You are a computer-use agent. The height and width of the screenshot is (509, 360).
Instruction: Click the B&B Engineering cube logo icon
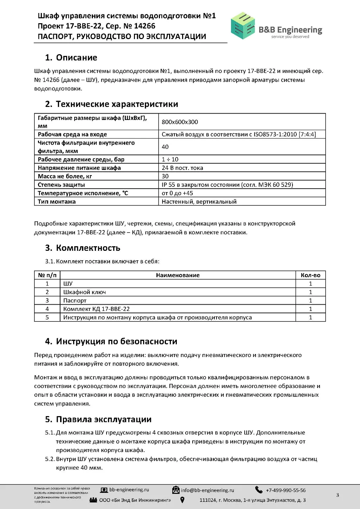[x=243, y=25]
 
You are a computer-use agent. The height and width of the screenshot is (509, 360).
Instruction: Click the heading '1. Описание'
[x=71, y=57]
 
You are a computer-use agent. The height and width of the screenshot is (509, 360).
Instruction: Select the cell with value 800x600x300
[x=180, y=122]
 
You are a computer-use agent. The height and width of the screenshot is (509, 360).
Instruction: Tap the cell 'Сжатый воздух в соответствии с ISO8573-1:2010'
[x=238, y=134]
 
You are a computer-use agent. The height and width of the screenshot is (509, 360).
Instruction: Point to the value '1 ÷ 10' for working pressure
[x=170, y=159]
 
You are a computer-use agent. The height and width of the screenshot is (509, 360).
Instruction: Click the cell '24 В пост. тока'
[x=182, y=168]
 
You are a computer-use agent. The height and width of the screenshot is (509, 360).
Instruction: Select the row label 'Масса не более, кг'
[x=65, y=176]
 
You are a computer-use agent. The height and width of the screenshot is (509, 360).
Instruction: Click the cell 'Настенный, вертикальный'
[x=199, y=202]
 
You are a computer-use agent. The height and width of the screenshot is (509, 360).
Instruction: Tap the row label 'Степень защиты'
[x=61, y=185]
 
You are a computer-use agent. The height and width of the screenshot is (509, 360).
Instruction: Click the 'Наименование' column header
[x=178, y=275]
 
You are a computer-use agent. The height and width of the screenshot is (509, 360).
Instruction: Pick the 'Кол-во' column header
[x=310, y=275]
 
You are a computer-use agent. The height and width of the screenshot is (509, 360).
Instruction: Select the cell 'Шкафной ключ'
[x=84, y=292]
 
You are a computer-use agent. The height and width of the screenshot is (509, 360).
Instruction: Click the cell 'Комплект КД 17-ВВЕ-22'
[x=96, y=309]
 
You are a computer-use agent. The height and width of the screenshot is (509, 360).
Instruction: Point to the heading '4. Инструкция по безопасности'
[x=111, y=341]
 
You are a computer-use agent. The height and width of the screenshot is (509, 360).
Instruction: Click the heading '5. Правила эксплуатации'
[x=98, y=419]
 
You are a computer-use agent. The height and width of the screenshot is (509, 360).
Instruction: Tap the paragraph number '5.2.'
[x=50, y=459]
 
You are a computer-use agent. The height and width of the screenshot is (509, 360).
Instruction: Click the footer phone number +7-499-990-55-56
[x=285, y=490]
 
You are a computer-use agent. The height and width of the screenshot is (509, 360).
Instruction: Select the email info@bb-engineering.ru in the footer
[x=207, y=490]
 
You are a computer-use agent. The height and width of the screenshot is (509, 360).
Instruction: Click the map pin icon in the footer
[x=182, y=500]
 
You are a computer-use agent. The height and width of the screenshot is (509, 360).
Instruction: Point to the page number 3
[x=337, y=495]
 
